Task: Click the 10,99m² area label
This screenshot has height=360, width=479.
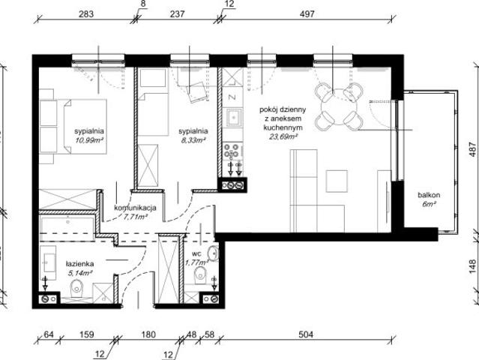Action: pos(89,139)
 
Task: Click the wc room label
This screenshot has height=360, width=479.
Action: pos(195,253)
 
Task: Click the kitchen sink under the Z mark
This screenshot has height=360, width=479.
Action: pos(232,118)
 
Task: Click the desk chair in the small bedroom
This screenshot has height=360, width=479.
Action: pos(196,90)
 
